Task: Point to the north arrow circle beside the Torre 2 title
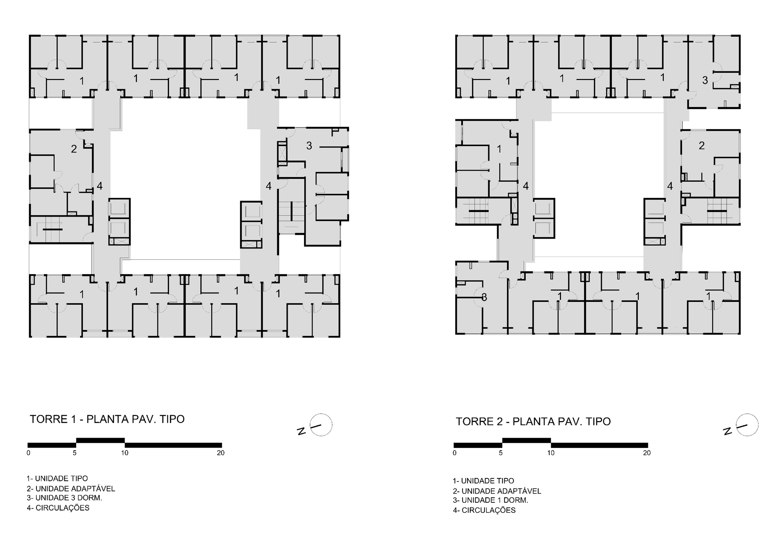tap(747, 425)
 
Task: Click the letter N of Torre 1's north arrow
tap(301, 431)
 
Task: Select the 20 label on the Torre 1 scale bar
tap(221, 453)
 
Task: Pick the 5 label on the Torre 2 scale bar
tap(501, 453)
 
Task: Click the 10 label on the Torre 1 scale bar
tap(125, 453)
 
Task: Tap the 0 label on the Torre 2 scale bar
tap(454, 453)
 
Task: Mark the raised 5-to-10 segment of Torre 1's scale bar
tap(100, 440)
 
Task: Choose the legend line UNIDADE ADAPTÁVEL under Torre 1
tap(71, 489)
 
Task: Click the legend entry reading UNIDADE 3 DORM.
tap(64, 498)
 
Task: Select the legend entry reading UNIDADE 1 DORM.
tap(491, 500)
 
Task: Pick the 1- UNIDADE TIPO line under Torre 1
tap(57, 478)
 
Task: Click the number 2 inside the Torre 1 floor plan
tap(74, 148)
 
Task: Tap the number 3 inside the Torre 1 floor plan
tap(309, 145)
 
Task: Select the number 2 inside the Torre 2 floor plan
tap(701, 145)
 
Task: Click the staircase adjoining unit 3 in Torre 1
tap(291, 217)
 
